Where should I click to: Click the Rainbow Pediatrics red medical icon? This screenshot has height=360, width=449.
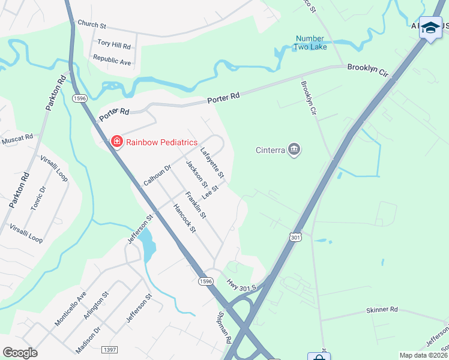click(x=117, y=142)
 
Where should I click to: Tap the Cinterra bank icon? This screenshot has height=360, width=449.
click(x=294, y=149)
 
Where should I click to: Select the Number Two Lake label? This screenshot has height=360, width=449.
click(x=310, y=43)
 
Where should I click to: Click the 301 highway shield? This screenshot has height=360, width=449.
click(x=294, y=238)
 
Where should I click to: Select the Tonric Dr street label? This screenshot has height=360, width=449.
click(x=38, y=199)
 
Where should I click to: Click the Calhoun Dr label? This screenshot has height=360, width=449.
click(x=157, y=172)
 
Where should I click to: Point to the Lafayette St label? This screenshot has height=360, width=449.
click(x=212, y=163)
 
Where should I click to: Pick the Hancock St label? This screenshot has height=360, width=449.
click(x=184, y=218)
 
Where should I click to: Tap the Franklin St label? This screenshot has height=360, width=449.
click(x=196, y=205)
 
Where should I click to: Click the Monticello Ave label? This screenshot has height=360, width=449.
click(x=71, y=308)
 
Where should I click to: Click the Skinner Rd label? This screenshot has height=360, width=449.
click(x=382, y=310)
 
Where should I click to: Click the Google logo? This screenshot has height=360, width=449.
click(x=20, y=353)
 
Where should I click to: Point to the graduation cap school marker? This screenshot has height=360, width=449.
click(x=430, y=28)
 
